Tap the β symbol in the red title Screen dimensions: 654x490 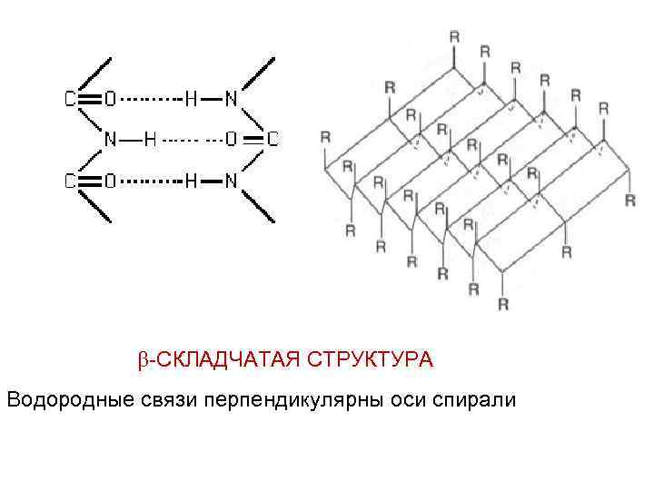(x=143, y=361)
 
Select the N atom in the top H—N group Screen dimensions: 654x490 (x=231, y=99)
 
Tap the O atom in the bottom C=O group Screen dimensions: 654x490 (x=110, y=181)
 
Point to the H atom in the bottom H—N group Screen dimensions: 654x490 (x=191, y=181)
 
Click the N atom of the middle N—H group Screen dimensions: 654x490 (x=110, y=140)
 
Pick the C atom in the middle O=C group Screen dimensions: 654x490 (x=272, y=140)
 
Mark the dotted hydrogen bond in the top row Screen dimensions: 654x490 (x=151, y=99)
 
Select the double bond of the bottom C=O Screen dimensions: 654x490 (x=89, y=181)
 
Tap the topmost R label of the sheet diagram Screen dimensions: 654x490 (x=454, y=37)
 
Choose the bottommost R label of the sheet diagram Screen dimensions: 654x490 (x=503, y=304)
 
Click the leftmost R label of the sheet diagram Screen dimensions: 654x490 (x=325, y=137)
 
